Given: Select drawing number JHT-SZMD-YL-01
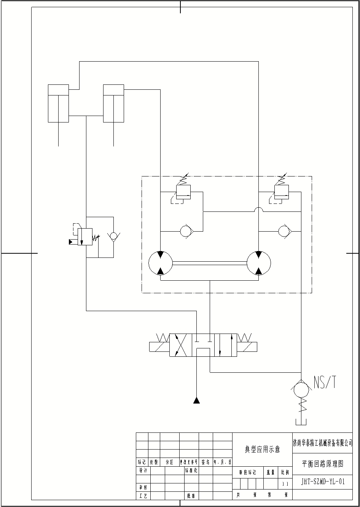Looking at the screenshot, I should click(x=322, y=482).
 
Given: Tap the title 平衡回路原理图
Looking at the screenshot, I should click(x=322, y=464).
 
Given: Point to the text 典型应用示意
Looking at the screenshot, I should click(x=262, y=450).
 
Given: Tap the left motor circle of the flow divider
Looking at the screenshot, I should click(x=160, y=262).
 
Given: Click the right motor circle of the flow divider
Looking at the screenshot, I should click(x=259, y=262).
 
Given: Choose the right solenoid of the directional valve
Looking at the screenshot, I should click(x=247, y=347).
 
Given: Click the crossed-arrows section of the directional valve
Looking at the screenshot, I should click(x=180, y=345).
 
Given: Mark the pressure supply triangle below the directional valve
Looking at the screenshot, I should click(x=196, y=400).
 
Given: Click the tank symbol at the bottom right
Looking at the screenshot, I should click(x=301, y=421).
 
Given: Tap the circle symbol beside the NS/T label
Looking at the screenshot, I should click(x=301, y=391).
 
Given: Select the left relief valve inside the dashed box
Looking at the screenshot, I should click(x=183, y=192).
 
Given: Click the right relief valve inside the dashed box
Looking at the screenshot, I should click(x=282, y=192).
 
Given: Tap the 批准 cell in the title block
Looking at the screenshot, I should click(x=191, y=496).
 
